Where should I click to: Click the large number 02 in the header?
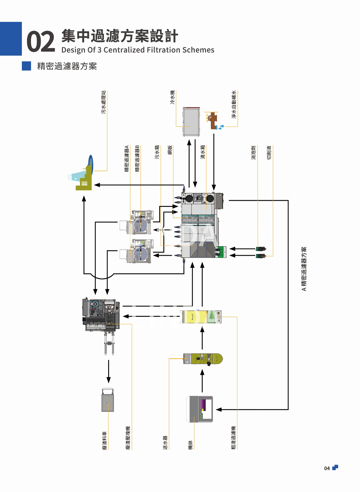40,42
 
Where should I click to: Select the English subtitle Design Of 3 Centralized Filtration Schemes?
138,50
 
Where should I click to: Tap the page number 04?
327,468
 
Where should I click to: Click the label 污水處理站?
104,102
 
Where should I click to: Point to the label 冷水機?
173,97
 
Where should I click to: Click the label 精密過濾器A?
127,159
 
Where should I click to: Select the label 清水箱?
203,152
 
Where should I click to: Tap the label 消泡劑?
254,152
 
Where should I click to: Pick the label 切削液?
269,152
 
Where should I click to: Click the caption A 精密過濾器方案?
304,269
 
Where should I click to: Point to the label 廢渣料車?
105,440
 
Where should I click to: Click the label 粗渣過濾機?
234,437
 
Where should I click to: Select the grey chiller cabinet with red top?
191,121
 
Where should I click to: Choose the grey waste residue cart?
108,400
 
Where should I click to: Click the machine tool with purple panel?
200,409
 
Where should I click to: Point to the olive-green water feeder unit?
203,359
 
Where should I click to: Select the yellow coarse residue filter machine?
201,317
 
